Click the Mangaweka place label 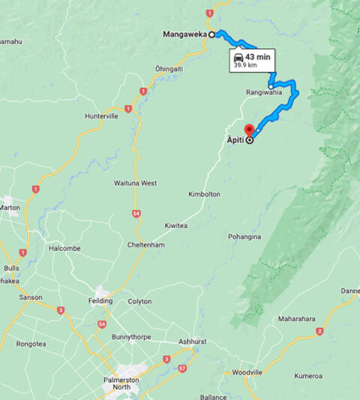pyautogui.click(x=185, y=34)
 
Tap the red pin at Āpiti pyautogui.click(x=249, y=129)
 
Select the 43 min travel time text pyautogui.click(x=258, y=56)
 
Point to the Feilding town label pyautogui.click(x=100, y=301)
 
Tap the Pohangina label pyautogui.click(x=246, y=236)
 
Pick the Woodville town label pyautogui.click(x=247, y=372)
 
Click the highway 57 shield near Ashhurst pyautogui.click(x=183, y=368)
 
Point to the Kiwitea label pyautogui.click(x=177, y=225)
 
